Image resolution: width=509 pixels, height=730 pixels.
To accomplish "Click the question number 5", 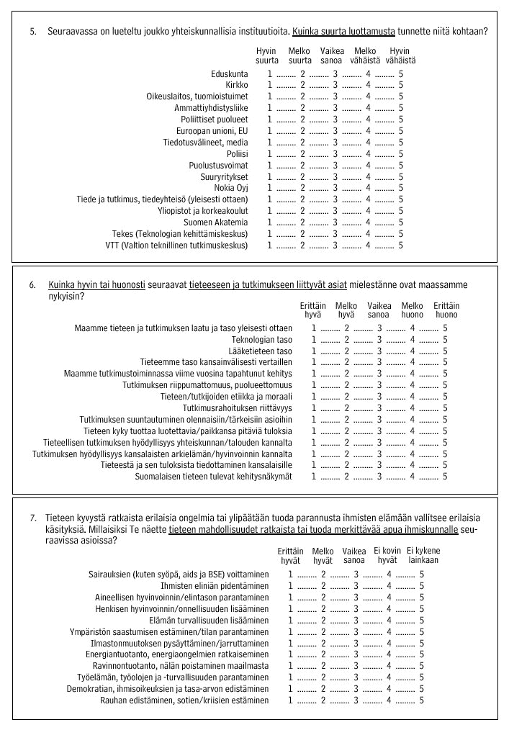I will click(x=32, y=32).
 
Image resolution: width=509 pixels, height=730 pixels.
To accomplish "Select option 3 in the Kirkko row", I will click(x=335, y=85).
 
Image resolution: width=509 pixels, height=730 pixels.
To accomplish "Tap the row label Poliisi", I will click(x=237, y=154).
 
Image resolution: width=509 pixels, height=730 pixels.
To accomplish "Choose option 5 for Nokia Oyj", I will click(x=401, y=188).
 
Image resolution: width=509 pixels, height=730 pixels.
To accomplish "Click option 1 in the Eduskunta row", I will click(x=270, y=73).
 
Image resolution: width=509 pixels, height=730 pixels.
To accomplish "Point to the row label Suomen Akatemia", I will click(x=215, y=222).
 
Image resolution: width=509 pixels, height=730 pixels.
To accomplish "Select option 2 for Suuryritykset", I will click(x=303, y=177).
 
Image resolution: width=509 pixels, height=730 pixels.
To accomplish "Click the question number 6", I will click(x=32, y=284).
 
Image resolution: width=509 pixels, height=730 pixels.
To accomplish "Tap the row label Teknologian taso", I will click(x=261, y=339).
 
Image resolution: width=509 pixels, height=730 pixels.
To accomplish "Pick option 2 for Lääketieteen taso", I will click(x=346, y=351).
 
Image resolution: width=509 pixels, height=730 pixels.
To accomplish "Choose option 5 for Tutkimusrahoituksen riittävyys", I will click(x=446, y=407).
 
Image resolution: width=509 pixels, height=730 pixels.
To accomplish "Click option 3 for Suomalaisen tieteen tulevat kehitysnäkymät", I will click(x=379, y=476).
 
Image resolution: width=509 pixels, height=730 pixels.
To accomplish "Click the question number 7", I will click(x=32, y=518).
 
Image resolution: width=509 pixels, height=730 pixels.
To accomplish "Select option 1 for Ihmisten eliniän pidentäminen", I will click(x=290, y=585).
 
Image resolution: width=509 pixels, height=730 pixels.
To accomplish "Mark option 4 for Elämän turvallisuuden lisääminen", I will click(x=389, y=620).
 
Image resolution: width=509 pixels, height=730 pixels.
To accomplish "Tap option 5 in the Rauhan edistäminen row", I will click(x=422, y=700).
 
